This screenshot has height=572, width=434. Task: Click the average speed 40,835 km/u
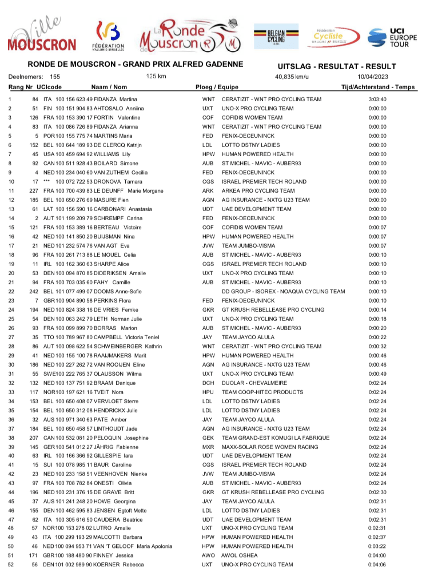tap(292, 77)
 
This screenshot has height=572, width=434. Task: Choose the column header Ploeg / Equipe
tap(217, 86)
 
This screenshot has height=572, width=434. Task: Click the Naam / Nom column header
tap(109, 86)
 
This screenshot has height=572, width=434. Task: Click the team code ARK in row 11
tap(208, 190)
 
